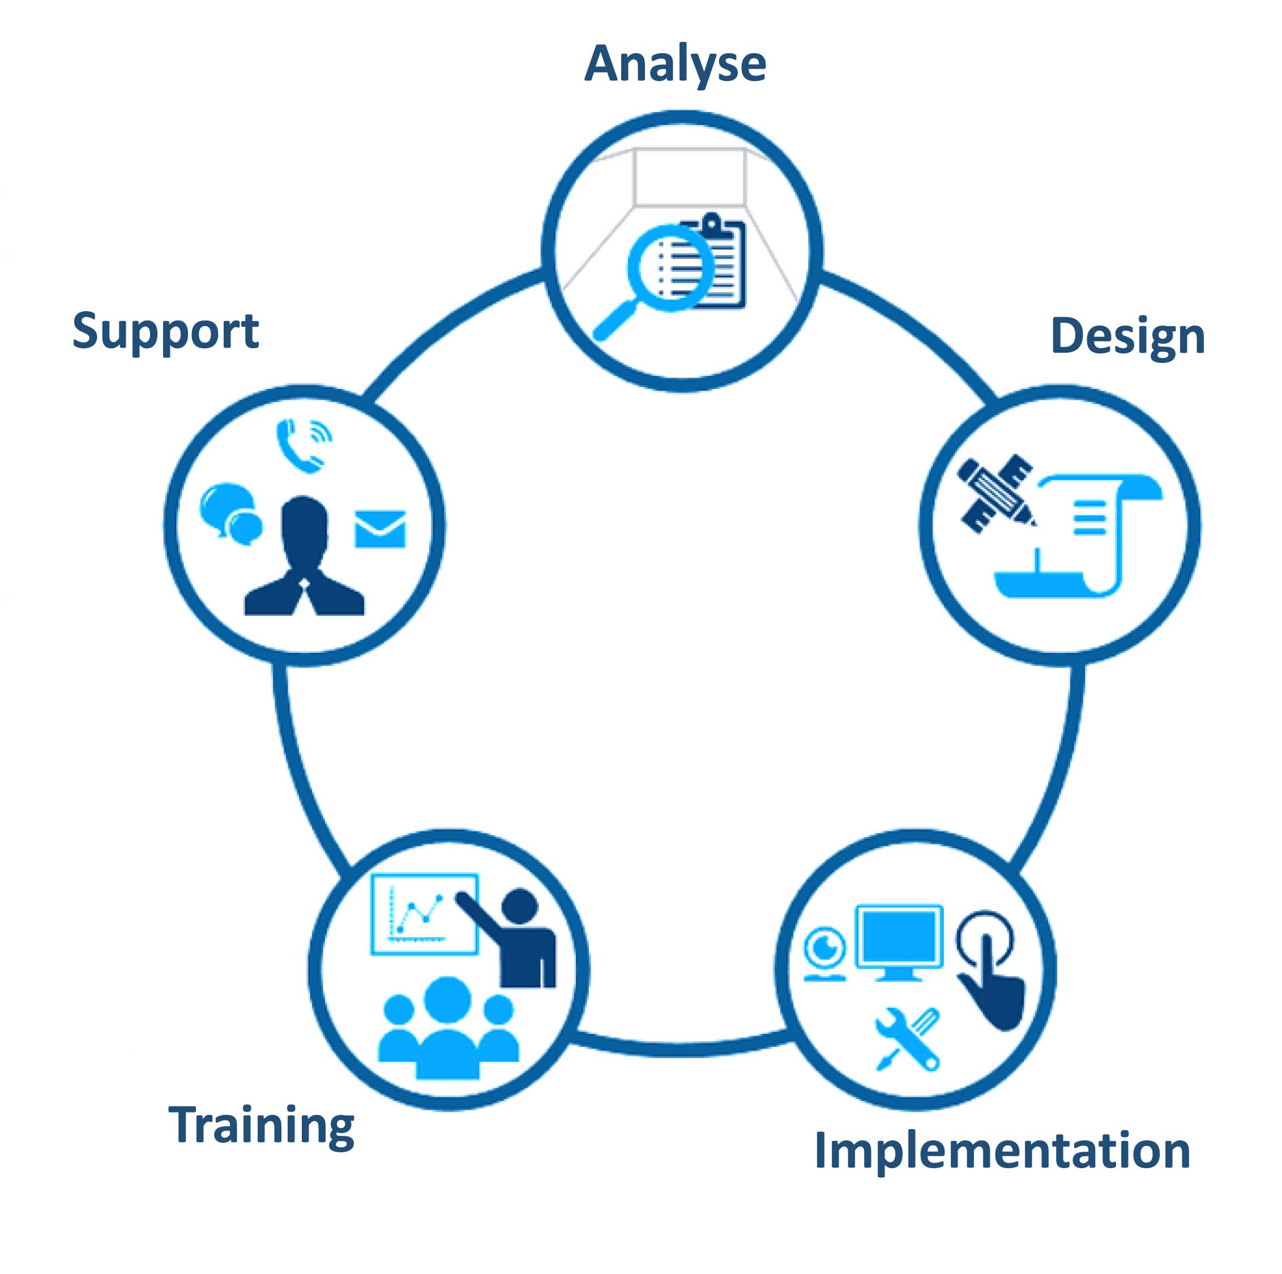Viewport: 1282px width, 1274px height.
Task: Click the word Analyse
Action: [675, 65]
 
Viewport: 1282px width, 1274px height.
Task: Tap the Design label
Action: [1127, 337]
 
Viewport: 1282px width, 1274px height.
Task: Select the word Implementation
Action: [1002, 1151]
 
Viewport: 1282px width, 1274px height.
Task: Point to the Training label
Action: [262, 1125]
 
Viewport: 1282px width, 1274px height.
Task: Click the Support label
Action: [165, 331]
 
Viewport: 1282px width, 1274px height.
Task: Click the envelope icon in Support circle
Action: [379, 529]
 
